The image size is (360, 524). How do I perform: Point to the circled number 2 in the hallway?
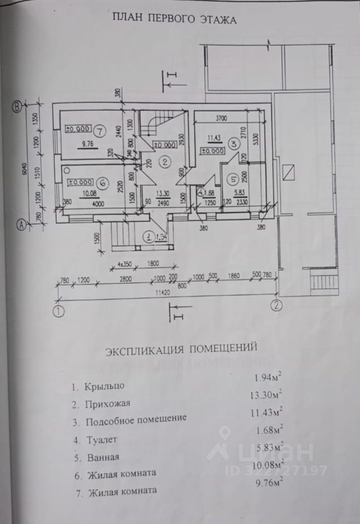tap(163, 162)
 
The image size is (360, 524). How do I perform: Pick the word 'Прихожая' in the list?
tap(108, 404)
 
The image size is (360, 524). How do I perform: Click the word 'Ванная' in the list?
tap(102, 456)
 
